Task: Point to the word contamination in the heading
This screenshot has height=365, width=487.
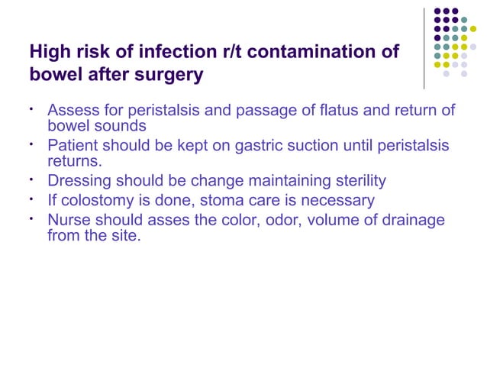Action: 313,53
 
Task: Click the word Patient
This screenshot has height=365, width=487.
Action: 73,145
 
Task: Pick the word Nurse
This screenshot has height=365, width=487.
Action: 69,221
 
